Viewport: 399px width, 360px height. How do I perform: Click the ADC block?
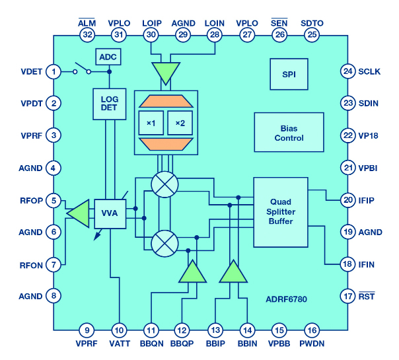click(108, 57)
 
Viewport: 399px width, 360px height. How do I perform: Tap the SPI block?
click(289, 73)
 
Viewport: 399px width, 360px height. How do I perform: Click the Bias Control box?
click(289, 133)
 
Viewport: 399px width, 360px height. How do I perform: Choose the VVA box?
click(110, 213)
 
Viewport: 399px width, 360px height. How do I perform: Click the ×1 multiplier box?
click(151, 124)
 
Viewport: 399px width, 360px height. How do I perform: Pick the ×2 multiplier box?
click(180, 124)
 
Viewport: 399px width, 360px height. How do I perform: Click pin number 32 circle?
click(87, 34)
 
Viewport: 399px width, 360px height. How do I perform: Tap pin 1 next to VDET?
click(54, 71)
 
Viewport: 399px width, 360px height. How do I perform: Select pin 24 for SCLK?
click(348, 71)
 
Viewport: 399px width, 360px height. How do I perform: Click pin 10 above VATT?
click(119, 330)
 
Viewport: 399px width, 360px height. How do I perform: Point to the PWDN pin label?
click(312, 344)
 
